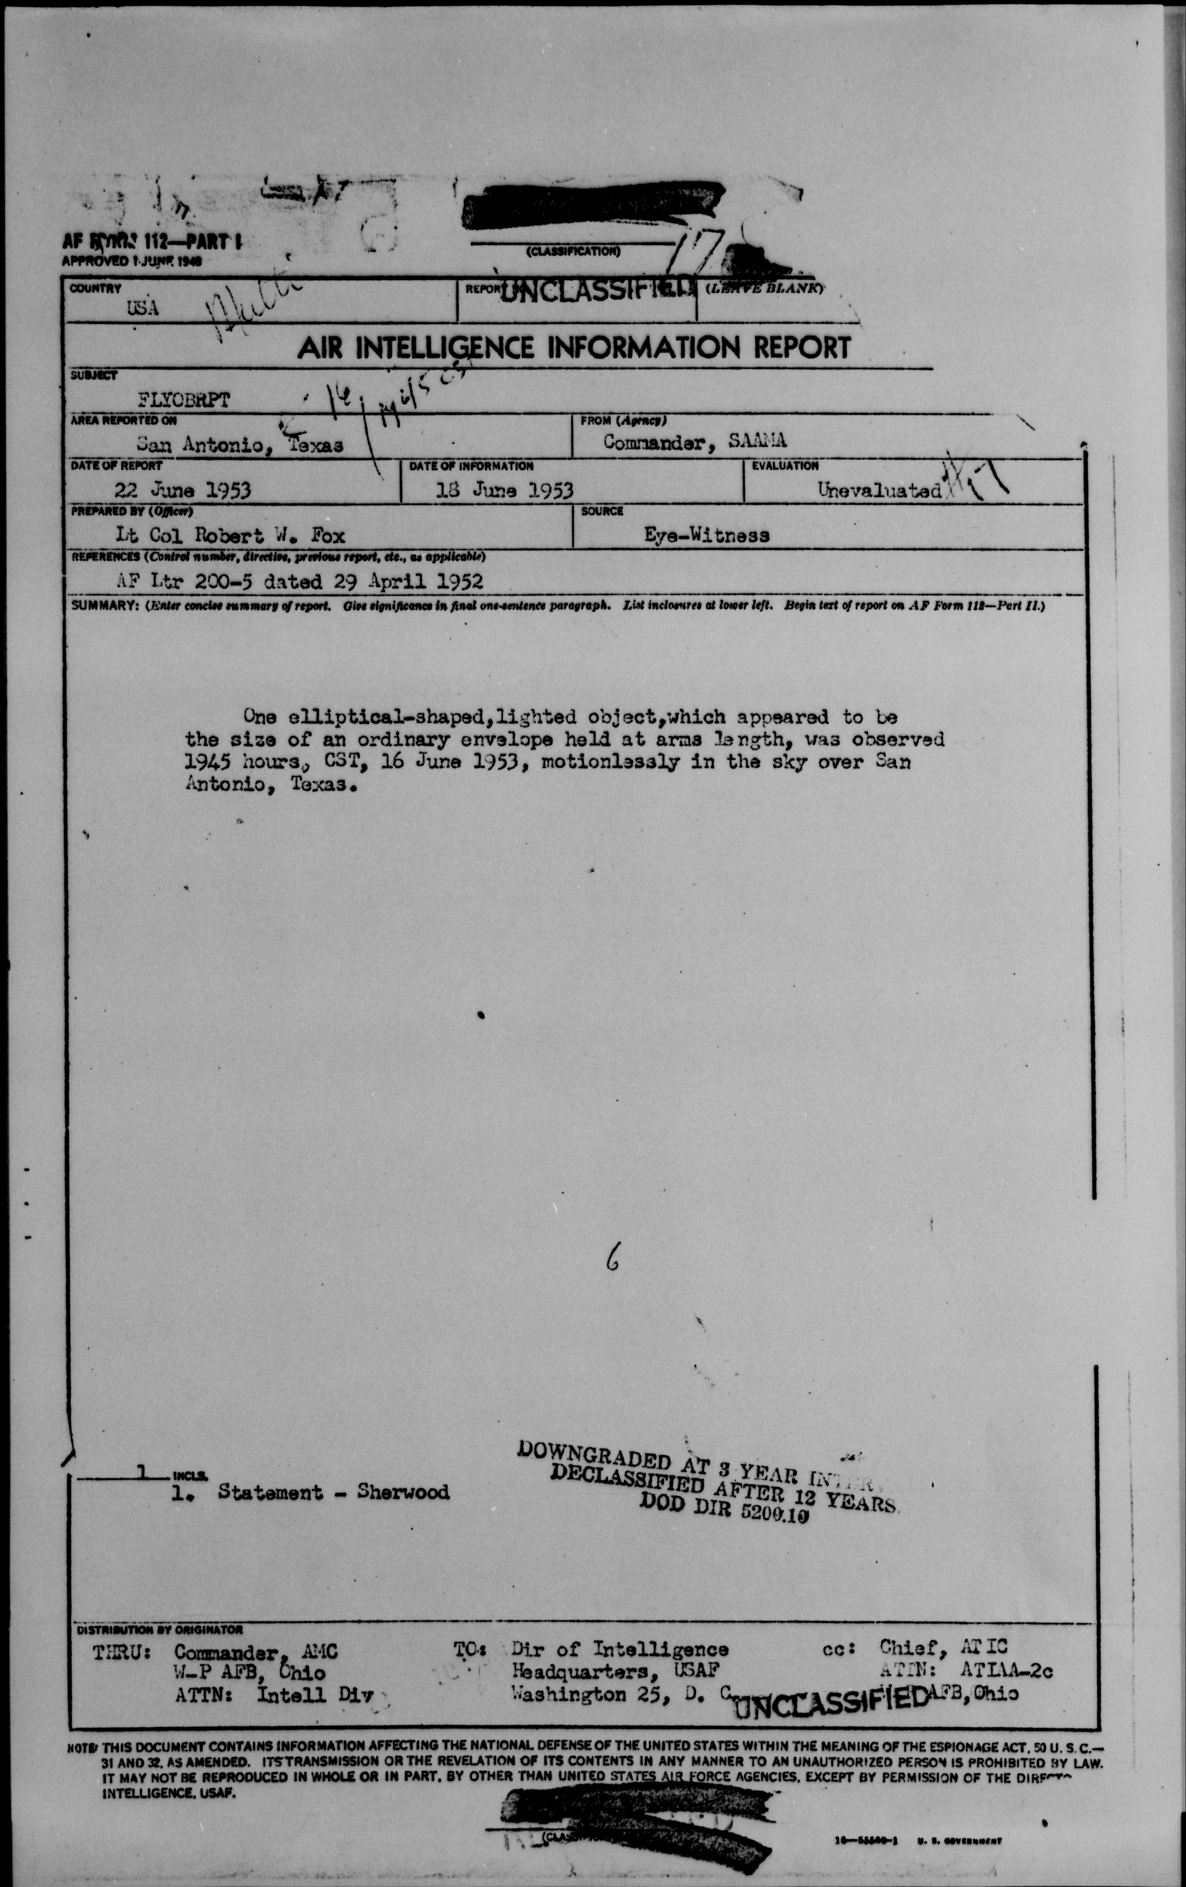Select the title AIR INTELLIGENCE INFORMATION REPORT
pos(574,347)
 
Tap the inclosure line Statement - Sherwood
pos(333,1492)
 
